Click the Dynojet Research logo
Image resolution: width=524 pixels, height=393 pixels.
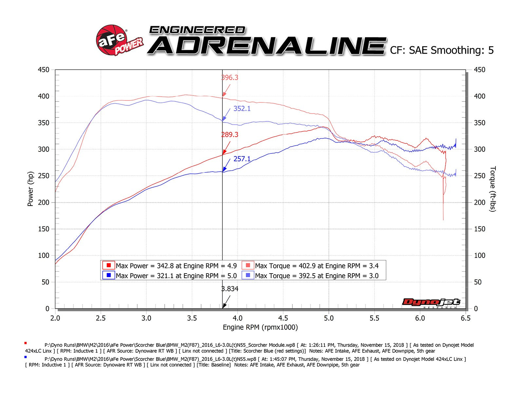431,303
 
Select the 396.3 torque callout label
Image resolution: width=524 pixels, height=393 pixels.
230,78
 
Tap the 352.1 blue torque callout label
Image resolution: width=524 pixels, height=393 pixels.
242,109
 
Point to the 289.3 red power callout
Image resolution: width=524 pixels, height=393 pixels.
230,134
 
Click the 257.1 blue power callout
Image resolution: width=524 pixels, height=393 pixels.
242,159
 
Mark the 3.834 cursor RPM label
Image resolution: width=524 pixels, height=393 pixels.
230,289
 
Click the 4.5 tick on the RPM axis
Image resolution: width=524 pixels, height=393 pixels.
283,318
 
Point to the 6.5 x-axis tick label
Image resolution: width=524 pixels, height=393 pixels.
465,318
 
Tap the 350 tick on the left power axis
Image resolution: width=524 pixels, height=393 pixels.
44,123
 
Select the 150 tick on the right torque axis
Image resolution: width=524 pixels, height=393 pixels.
479,229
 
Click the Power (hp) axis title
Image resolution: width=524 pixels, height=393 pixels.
30,189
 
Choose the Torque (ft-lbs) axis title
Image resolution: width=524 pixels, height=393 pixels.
493,189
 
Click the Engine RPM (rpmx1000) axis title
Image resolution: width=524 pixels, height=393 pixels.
260,327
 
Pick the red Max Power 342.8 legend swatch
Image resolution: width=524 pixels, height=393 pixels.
108,265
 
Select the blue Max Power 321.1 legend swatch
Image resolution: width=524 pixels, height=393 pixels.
108,275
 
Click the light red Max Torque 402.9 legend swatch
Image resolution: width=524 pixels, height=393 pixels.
248,265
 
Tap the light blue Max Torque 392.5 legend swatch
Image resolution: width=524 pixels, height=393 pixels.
248,275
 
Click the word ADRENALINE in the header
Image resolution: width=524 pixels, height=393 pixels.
267,45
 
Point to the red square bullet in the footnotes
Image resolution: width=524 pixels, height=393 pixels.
26,343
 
